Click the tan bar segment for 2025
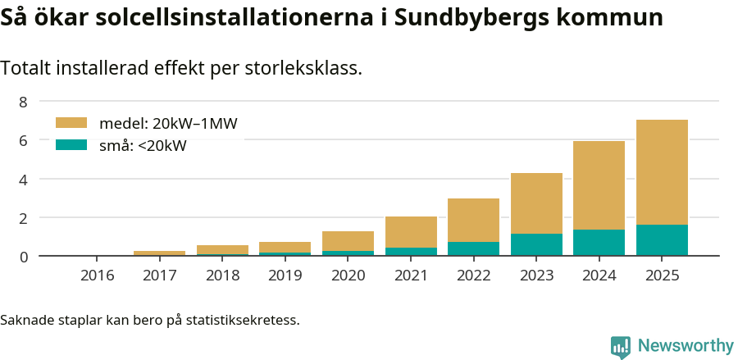click(662, 172)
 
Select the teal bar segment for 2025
click(662, 240)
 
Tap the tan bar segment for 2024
click(599, 185)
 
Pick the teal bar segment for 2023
click(536, 244)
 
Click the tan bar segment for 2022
click(473, 220)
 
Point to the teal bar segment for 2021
click(411, 252)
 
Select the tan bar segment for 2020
click(348, 241)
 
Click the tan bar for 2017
click(159, 253)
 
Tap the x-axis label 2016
click(97, 275)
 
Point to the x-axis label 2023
click(536, 275)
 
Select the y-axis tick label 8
click(23, 102)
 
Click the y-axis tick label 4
click(23, 179)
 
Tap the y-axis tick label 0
click(23, 257)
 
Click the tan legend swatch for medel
click(71, 123)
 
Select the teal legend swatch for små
click(71, 145)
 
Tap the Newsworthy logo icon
click(620, 346)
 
